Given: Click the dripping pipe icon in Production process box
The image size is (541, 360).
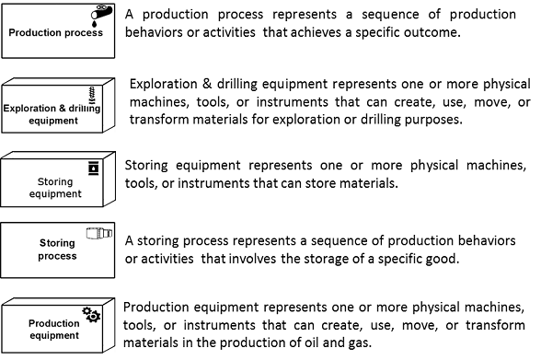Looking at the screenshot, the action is click(101, 15).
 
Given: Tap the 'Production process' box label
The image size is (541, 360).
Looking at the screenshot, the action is click(55, 32).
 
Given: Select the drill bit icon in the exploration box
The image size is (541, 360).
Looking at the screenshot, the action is click(92, 95).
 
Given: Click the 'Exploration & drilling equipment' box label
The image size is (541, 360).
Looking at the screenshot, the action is click(52, 114).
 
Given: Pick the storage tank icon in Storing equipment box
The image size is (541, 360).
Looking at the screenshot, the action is click(94, 168).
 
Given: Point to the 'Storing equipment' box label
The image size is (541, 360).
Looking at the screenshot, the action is click(55, 188).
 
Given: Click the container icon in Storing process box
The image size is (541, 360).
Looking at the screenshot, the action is click(99, 233).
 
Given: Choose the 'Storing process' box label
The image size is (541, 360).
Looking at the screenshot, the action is click(57, 250).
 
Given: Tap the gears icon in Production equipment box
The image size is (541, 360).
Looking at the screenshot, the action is click(91, 314).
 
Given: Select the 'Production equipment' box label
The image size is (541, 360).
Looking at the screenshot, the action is click(54, 330).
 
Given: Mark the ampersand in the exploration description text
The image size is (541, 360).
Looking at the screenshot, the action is click(207, 84).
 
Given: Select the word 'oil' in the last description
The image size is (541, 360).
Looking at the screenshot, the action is click(312, 343).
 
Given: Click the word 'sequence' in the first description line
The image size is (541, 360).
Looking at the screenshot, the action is click(390, 15).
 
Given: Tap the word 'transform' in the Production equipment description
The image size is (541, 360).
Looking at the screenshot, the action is click(495, 325).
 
